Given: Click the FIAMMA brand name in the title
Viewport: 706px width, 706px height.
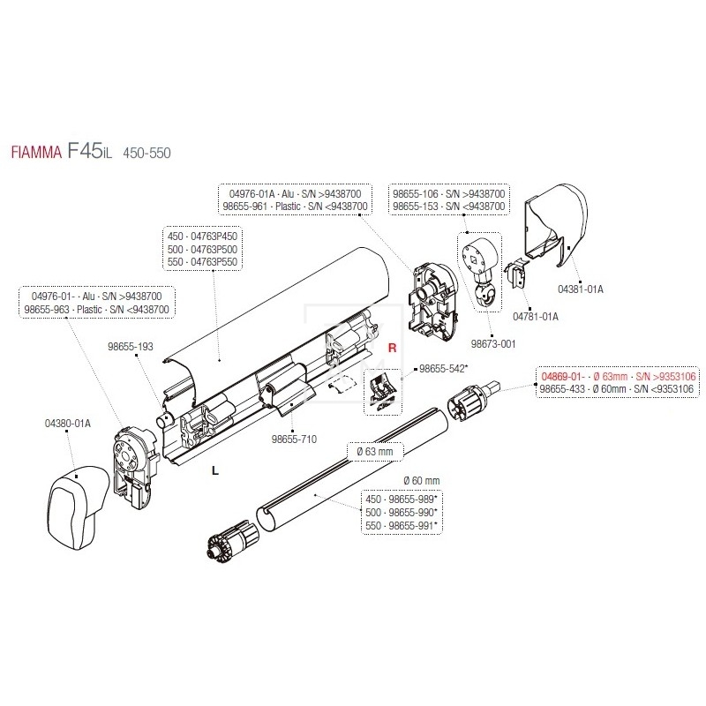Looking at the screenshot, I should tap(34, 152).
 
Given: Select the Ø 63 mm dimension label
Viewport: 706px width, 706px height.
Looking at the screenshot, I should tap(379, 453).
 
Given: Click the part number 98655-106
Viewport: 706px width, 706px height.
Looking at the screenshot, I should tap(420, 192).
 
